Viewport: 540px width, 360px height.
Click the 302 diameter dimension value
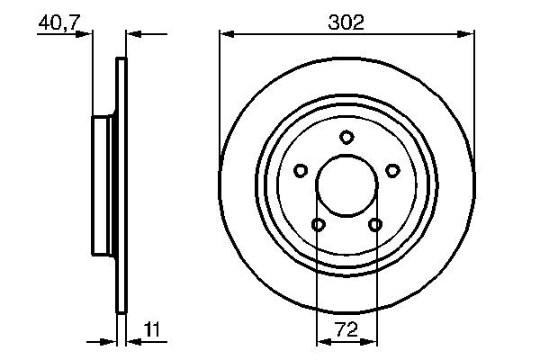346,22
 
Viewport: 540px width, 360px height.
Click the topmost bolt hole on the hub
346,137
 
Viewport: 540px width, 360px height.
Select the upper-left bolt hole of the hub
301,169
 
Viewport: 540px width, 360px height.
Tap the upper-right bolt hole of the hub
392,169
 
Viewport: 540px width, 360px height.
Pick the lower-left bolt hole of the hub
318,224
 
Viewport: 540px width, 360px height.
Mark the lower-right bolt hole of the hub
375,224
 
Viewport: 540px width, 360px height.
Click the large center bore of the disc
346,185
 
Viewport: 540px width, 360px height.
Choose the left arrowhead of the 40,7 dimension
86,34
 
